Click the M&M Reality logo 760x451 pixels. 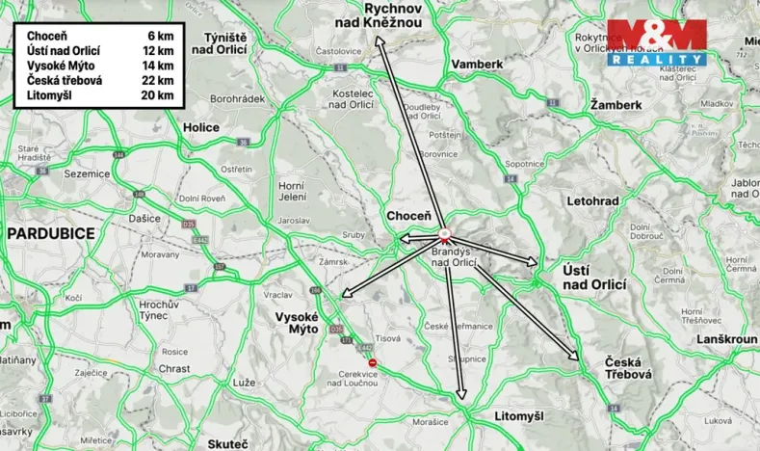pos(656,42)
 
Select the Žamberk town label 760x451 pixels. pos(616,103)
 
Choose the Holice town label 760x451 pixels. pos(201,126)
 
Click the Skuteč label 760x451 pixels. pos(228,444)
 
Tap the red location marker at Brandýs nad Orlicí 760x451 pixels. pos(444,233)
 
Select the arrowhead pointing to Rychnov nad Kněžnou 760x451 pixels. pos(378,40)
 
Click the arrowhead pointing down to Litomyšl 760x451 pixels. pos(461,394)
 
